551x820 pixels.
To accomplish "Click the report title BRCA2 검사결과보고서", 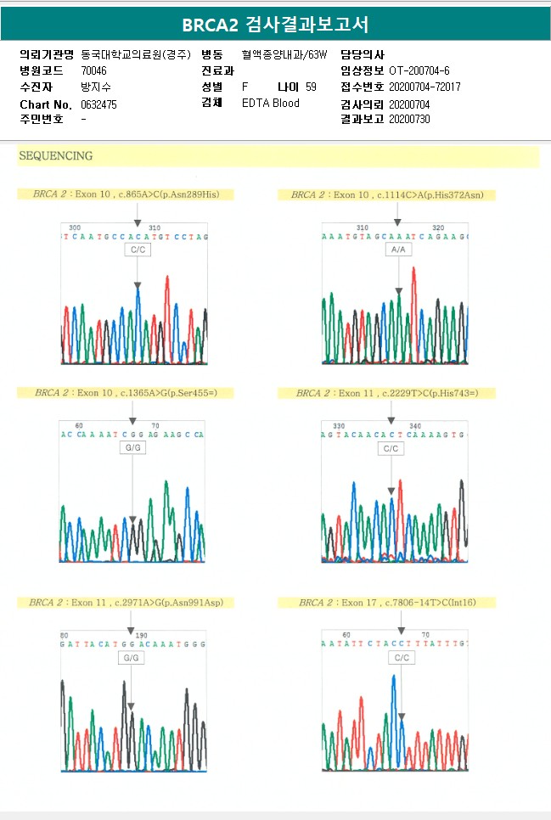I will tap(275, 24).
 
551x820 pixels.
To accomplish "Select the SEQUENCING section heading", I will tap(56, 156).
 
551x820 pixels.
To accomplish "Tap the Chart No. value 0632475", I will tap(98, 104).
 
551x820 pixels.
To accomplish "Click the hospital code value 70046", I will tap(93, 70).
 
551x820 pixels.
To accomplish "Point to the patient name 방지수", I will tap(95, 87).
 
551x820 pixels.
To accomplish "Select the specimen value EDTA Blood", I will tap(270, 103).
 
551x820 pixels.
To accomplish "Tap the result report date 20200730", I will tap(409, 119).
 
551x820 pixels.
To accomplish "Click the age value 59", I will tap(311, 87).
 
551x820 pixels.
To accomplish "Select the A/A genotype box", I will tap(397, 250).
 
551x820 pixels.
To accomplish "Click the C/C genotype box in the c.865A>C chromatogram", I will tap(136, 250).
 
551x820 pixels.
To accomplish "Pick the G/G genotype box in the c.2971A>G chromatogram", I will tap(130, 658).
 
